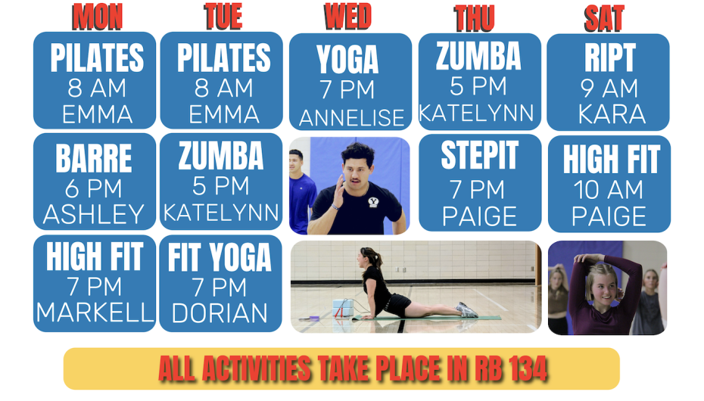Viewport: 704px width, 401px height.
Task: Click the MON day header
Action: pyautogui.click(x=98, y=17)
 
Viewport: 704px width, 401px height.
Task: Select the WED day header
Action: pyautogui.click(x=348, y=17)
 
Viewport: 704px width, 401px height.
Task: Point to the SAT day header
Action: pyautogui.click(x=604, y=19)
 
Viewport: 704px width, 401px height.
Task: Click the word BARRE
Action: pyautogui.click(x=94, y=158)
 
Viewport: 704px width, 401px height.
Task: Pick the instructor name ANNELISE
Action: pyautogui.click(x=351, y=118)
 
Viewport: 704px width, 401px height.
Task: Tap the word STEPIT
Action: pyautogui.click(x=479, y=155)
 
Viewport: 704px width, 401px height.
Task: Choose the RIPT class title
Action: pyautogui.click(x=609, y=58)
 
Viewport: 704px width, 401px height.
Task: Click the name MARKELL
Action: pyautogui.click(x=95, y=312)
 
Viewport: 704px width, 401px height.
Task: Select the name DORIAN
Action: pyautogui.click(x=220, y=313)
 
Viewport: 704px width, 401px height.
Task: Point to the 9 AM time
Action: pyautogui.click(x=609, y=88)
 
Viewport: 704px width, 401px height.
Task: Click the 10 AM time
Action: pyautogui.click(x=609, y=189)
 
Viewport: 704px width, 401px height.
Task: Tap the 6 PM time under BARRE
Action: pyautogui.click(x=93, y=188)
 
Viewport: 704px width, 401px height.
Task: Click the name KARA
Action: pyautogui.click(x=612, y=114)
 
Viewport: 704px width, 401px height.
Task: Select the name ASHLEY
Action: pyautogui.click(x=93, y=214)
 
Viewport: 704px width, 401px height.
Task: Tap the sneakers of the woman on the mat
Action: pyautogui.click(x=466, y=309)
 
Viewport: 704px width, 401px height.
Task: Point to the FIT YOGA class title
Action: pyautogui.click(x=220, y=257)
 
